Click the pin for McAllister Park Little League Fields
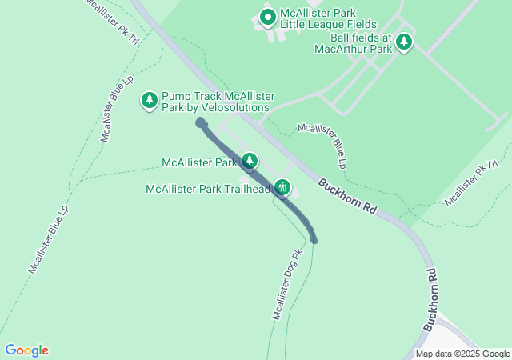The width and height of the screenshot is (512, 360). [x=267, y=17]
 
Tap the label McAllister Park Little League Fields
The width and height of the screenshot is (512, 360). [x=322, y=19]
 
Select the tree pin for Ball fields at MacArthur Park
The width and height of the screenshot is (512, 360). [x=405, y=42]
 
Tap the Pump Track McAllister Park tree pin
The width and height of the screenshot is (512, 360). [x=149, y=100]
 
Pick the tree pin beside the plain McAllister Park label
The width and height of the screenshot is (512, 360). [x=250, y=162]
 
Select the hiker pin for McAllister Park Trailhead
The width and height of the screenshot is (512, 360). [x=282, y=188]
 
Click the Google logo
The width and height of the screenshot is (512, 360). [x=26, y=350]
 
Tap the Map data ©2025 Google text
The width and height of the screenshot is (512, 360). [x=462, y=354]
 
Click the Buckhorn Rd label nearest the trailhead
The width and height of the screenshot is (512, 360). [x=347, y=195]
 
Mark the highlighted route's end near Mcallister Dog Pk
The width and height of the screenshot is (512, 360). [x=314, y=239]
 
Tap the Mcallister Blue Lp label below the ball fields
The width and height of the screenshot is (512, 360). [x=322, y=145]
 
